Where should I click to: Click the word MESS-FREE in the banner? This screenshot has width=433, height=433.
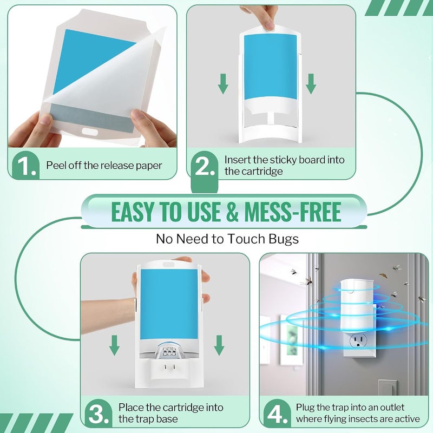(293, 212)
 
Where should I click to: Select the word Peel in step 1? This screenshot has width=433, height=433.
(56, 165)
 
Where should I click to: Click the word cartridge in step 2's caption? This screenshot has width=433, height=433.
(262, 171)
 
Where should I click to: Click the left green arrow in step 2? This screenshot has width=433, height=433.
(223, 84)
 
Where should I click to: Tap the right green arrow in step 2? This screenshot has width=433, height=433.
(311, 84)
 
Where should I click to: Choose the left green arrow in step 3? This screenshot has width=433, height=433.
(114, 345)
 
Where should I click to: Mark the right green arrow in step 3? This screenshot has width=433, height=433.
(219, 345)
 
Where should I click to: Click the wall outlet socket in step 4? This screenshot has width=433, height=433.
(358, 340)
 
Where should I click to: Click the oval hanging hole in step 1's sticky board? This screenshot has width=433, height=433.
(90, 132)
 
